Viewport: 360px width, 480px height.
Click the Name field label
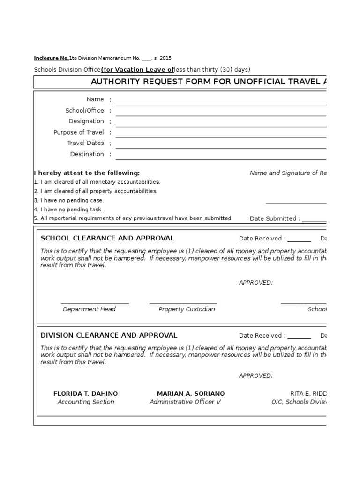[x=95, y=99]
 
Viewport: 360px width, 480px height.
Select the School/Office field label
[x=84, y=111]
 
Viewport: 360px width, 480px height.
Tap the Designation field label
[x=86, y=121]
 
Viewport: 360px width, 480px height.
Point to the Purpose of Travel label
[x=78, y=132]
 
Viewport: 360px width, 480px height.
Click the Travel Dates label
[x=85, y=143]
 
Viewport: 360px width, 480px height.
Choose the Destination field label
[x=87, y=154]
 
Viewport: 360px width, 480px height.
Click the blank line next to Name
[x=220, y=104]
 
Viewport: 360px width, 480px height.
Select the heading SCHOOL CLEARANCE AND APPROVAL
[x=107, y=238]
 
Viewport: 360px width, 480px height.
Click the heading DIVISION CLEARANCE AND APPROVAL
[x=109, y=335]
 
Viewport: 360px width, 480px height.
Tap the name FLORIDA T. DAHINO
[x=86, y=393]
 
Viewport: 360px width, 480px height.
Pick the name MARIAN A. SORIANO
[x=191, y=393]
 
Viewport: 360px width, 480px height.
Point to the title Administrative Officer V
[x=185, y=402]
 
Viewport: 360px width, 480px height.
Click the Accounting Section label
[x=86, y=402]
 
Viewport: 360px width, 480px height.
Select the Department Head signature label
[x=89, y=309]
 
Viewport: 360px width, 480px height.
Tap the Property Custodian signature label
[x=187, y=309]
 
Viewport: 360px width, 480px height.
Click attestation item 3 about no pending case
[x=69, y=200]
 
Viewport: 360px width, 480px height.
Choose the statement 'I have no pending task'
[x=68, y=210]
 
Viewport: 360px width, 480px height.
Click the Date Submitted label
[x=275, y=218]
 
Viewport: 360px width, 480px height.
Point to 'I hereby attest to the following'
[x=87, y=173]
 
